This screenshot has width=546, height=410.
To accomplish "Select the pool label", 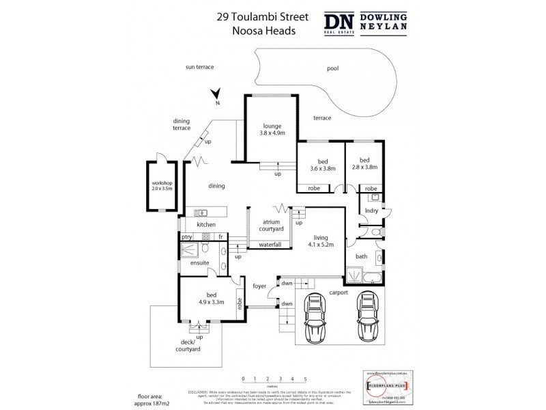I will pyautogui.click(x=332, y=68).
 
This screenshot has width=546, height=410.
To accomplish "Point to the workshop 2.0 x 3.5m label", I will pyautogui.click(x=162, y=188).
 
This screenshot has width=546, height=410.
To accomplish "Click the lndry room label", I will pyautogui.click(x=371, y=212).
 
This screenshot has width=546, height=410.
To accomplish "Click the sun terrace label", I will pyautogui.click(x=199, y=67).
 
